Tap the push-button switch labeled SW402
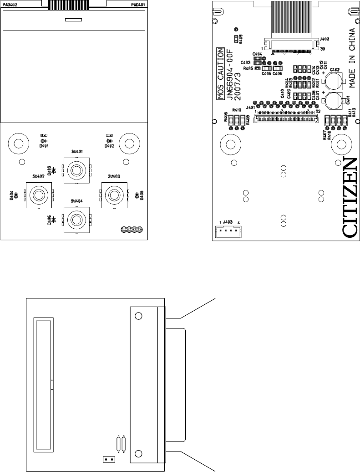[38, 195]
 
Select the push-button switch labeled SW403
[113, 195]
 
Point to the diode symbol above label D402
[109, 141]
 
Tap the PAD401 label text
[138, 4]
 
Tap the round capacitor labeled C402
[334, 81]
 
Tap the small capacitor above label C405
[267, 68]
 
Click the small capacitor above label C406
[278, 68]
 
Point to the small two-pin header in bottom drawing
[107, 459]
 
